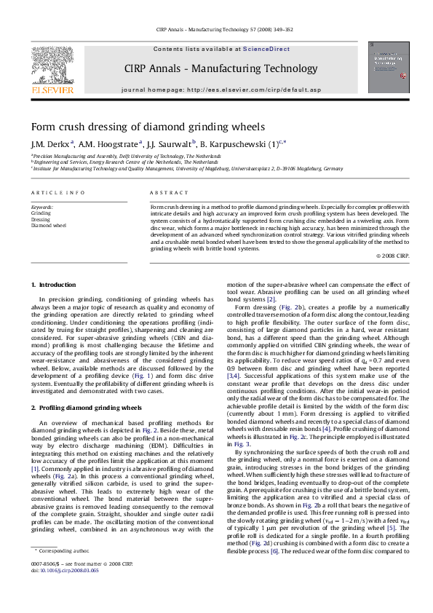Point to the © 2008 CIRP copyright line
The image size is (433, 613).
(x=392, y=256)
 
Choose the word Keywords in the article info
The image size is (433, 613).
(x=42, y=207)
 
